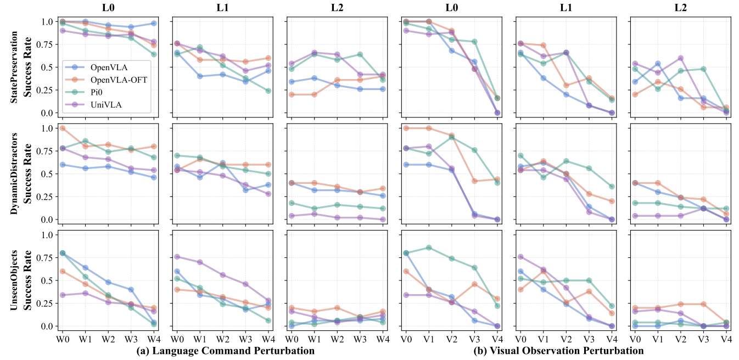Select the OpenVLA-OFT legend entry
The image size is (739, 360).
tap(116, 80)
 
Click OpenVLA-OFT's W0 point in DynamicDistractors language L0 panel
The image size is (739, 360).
tap(61, 128)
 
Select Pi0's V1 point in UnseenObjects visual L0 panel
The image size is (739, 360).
tap(429, 248)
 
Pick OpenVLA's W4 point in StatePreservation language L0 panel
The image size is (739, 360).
tap(154, 24)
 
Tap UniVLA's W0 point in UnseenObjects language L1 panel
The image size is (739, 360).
tap(177, 257)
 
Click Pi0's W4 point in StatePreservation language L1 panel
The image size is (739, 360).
tap(268, 91)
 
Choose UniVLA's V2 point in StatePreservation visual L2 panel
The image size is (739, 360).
tap(681, 58)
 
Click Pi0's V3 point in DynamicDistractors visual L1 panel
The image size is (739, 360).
tap(589, 168)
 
